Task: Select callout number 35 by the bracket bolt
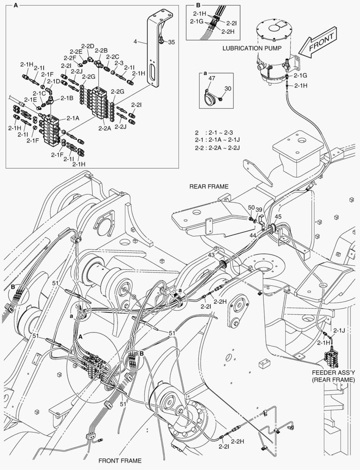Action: tap(171, 42)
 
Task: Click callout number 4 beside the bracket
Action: tap(135, 42)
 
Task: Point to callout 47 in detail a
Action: tap(212, 78)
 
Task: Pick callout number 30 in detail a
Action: tap(227, 88)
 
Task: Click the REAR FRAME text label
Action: tap(209, 186)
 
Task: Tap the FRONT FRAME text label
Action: tap(120, 460)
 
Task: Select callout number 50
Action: tap(251, 207)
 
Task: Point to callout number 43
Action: tap(211, 255)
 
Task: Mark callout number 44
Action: tap(253, 235)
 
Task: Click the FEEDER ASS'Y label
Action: tap(333, 376)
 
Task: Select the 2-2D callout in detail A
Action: tap(88, 46)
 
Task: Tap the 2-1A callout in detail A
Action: tap(73, 118)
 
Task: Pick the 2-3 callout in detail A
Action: tap(119, 63)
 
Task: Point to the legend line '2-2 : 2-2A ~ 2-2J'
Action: tap(218, 148)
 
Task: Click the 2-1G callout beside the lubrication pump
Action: tap(300, 76)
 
